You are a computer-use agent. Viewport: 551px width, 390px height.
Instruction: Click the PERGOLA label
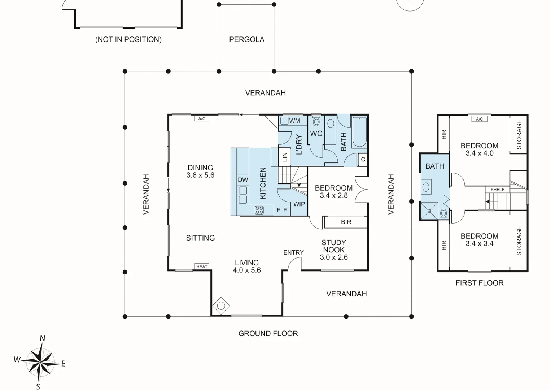247,39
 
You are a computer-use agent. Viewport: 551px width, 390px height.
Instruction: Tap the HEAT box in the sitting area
202,266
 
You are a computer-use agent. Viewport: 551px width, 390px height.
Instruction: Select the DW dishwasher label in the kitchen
243,180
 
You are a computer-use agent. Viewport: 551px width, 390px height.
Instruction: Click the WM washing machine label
294,121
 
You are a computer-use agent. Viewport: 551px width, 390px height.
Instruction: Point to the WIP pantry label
299,204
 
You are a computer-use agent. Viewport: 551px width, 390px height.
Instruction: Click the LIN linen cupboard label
285,157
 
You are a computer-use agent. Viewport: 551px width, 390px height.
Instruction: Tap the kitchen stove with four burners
259,210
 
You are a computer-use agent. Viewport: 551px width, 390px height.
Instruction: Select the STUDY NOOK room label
334,246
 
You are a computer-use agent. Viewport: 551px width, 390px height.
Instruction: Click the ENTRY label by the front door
293,252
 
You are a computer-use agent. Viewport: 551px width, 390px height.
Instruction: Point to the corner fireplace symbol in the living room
221,306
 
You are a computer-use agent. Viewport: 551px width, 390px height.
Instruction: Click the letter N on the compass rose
42,338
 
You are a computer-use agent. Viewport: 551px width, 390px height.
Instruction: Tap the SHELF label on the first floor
497,190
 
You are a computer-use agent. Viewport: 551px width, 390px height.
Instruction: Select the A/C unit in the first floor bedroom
479,119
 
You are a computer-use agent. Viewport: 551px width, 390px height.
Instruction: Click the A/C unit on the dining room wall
202,118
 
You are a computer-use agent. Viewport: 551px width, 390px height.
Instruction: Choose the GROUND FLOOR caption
268,334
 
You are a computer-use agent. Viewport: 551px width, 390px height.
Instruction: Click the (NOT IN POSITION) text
128,39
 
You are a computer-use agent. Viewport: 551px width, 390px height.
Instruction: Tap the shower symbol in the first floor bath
429,211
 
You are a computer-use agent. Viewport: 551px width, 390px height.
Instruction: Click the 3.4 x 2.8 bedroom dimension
334,196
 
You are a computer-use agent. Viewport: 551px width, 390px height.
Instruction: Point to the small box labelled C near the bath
363,159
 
